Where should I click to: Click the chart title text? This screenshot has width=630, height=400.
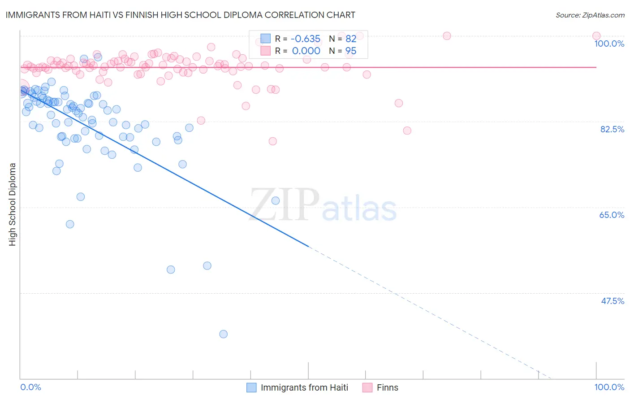point(181,15)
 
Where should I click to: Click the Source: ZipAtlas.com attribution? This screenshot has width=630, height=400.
point(590,15)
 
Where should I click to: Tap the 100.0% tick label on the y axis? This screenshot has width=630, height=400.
point(609,43)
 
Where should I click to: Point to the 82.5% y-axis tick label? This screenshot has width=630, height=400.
point(612,129)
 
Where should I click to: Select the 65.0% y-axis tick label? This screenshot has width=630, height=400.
point(612,215)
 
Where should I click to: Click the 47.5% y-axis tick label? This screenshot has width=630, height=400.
point(612,301)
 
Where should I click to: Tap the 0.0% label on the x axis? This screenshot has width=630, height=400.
point(30,387)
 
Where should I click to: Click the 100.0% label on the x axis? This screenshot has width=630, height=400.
point(609,387)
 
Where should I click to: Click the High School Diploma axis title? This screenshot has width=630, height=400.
point(13,204)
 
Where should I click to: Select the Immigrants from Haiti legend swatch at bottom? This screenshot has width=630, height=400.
point(252,387)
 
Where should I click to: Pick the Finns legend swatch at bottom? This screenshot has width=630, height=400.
point(367,387)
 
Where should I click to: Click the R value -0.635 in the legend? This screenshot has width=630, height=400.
point(306,39)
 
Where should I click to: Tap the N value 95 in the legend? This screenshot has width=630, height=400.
point(351,51)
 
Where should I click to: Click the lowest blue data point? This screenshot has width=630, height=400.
point(223,334)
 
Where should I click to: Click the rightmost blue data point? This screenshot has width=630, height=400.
point(276,200)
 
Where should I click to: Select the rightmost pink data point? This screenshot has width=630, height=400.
point(596,36)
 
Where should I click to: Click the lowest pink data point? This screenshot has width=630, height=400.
point(272,141)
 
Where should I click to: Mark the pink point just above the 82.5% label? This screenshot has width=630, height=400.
point(407,130)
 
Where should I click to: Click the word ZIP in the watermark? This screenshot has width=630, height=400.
point(285,205)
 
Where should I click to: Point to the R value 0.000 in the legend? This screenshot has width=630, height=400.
point(306,51)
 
